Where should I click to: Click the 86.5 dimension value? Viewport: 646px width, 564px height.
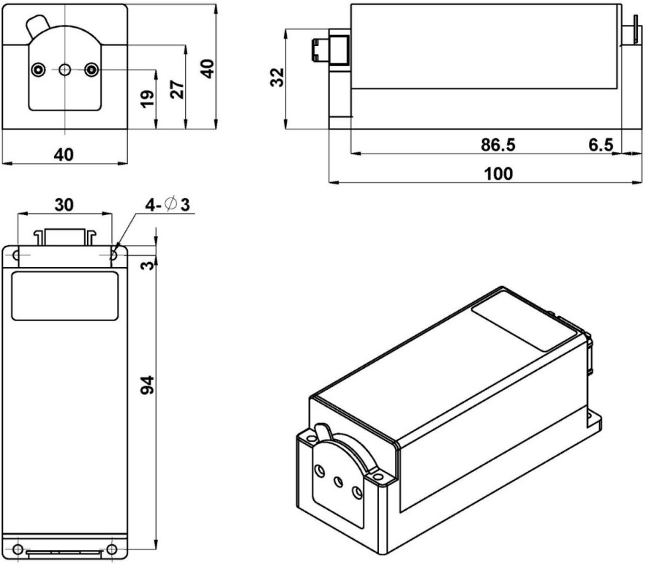tap(497, 145)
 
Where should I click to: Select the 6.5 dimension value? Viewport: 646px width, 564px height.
tap(601, 145)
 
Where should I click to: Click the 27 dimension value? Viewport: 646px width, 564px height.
tap(176, 89)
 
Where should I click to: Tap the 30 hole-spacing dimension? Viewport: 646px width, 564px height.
tap(64, 206)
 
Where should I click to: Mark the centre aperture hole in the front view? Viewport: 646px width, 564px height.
tap(64, 69)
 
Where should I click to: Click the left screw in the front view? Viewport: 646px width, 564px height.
tap(38, 69)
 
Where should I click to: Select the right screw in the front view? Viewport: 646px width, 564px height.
tap(91, 69)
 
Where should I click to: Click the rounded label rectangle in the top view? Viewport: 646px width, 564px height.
tap(64, 295)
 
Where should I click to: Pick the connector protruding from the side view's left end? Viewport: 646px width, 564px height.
tap(319, 50)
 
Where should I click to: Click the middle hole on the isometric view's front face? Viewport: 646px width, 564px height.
tap(338, 483)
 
